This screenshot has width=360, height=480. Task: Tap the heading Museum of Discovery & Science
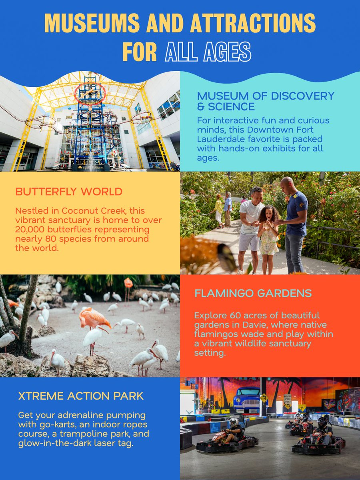tap(265, 101)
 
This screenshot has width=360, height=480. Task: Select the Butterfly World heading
tap(68, 192)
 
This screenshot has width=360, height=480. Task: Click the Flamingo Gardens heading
tap(253, 294)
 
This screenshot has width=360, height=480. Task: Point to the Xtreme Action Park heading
tap(81, 396)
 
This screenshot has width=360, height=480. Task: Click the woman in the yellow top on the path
tap(218, 209)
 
